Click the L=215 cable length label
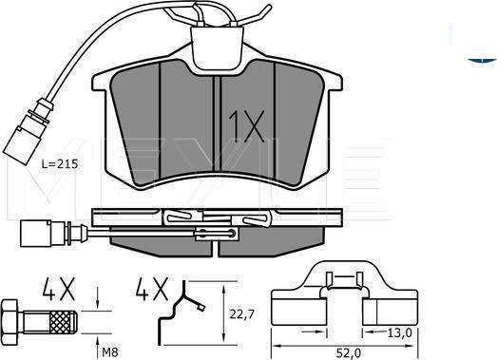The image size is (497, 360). point(60,164)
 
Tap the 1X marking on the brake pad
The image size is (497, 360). point(246,125)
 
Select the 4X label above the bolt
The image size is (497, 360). point(59,289)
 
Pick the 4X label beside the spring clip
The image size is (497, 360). point(152,289)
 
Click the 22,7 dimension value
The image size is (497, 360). point(241,314)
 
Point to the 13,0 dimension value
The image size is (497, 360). point(399,332)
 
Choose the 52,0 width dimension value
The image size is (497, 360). point(348,352)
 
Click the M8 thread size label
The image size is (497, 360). point(110,352)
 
